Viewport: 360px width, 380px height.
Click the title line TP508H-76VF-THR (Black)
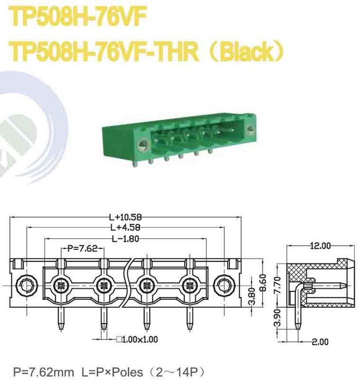click(x=147, y=52)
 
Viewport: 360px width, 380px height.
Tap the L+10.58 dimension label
click(x=123, y=218)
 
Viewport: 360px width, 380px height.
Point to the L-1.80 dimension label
click(x=125, y=239)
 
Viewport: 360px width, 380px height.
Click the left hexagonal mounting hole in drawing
click(x=25, y=285)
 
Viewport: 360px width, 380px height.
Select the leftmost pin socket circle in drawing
click(x=60, y=286)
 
